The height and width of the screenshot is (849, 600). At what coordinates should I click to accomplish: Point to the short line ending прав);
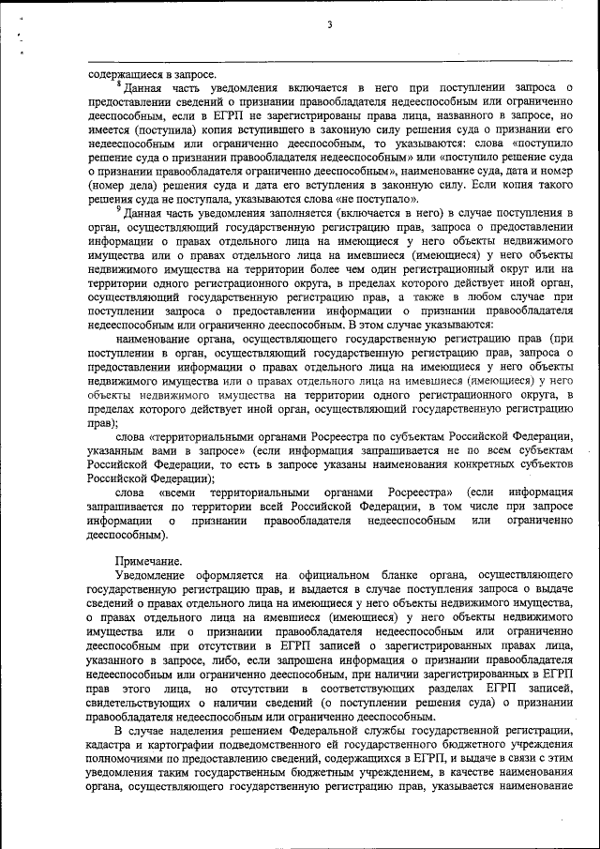pos(103,423)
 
